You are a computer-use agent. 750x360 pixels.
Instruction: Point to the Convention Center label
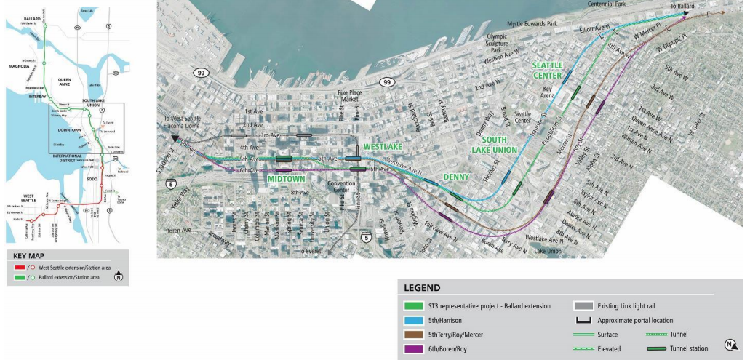click(341, 187)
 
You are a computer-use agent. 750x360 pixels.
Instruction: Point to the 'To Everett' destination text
click(314, 251)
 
